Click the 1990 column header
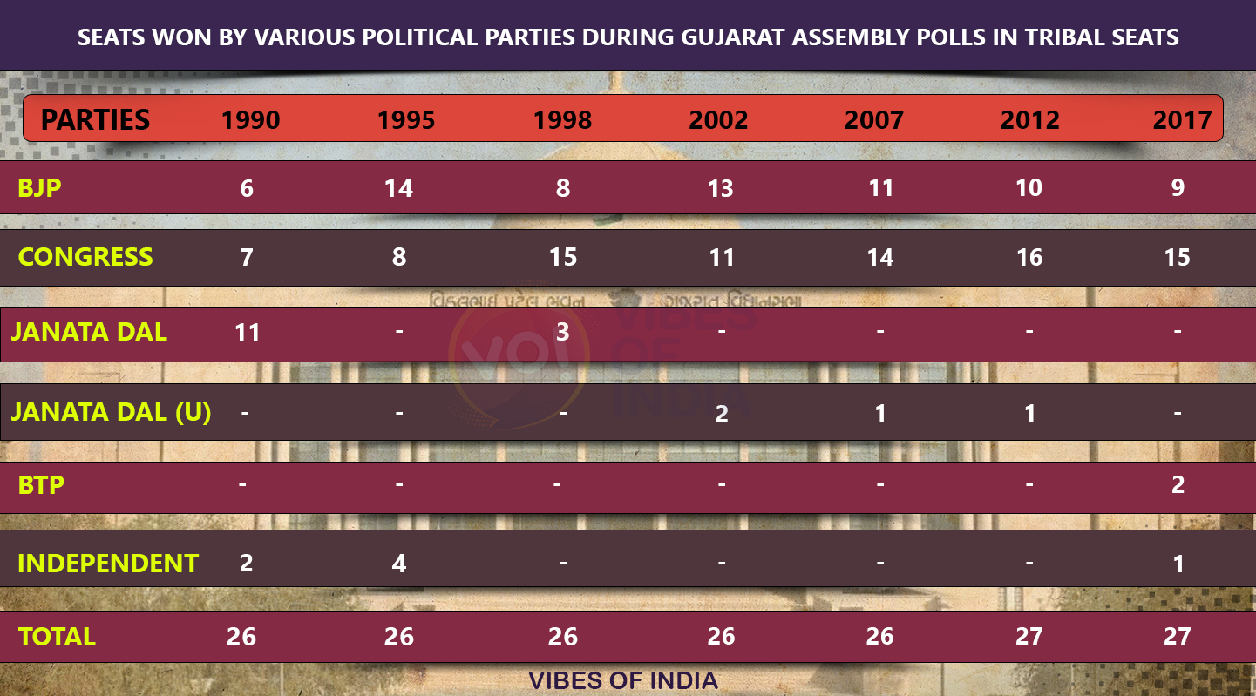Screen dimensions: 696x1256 click(250, 120)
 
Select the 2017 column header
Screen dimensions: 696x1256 click(1182, 120)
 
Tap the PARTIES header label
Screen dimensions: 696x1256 click(96, 119)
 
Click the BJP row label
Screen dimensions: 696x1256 click(40, 187)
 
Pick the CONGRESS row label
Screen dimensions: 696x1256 click(85, 257)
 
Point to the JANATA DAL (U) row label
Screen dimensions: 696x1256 click(111, 411)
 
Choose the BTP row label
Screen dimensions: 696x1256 click(41, 484)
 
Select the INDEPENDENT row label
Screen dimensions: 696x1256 click(108, 563)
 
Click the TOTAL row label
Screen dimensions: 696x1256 click(57, 637)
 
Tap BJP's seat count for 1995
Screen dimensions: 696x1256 click(398, 188)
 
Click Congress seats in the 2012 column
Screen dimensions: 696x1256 click(1029, 258)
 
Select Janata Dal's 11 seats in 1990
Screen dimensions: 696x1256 click(248, 332)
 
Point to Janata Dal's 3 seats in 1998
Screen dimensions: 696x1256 click(563, 332)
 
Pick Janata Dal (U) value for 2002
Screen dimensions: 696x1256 click(721, 414)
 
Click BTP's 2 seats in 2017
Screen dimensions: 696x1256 click(1178, 485)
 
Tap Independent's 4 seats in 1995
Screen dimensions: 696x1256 click(398, 564)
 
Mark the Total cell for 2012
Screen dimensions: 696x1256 click(1029, 637)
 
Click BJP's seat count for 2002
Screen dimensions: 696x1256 click(721, 188)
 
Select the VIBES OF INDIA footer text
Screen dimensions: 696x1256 click(623, 680)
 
